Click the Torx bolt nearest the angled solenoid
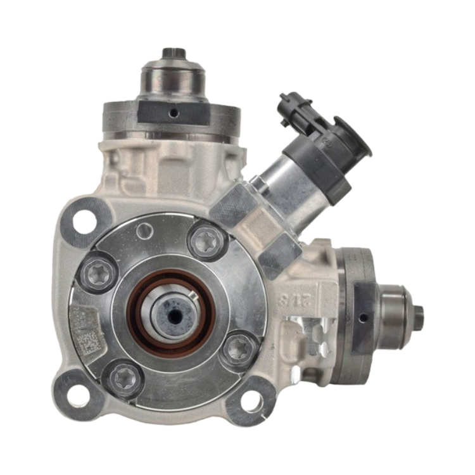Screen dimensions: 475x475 [205, 241]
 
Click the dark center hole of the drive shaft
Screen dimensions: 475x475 [172, 313]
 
